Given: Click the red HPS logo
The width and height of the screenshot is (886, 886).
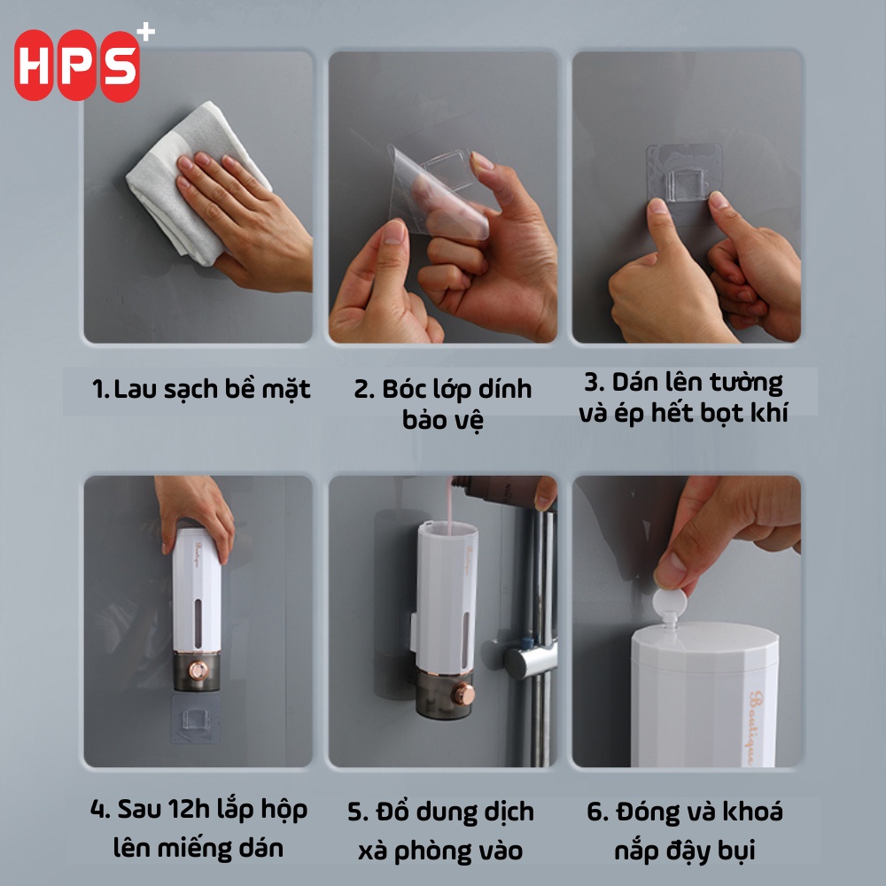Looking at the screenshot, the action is [77, 65].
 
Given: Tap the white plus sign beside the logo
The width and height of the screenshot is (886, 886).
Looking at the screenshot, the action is [146, 32].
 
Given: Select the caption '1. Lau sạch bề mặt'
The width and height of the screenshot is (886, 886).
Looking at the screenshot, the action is [201, 389].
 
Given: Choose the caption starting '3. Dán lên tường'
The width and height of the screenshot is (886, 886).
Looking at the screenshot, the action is [683, 398].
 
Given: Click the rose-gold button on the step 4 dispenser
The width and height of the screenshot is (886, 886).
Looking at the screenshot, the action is [198, 671].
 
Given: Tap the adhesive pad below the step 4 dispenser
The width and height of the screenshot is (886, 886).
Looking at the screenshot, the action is [195, 719].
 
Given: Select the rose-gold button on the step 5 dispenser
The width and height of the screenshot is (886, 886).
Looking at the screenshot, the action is [464, 695].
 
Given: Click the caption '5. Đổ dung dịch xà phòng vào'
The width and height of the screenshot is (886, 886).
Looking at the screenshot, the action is [440, 831].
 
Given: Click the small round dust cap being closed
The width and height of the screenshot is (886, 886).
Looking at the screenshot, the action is [670, 602].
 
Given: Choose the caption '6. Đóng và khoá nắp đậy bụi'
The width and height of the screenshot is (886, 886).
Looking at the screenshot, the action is [685, 831].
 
